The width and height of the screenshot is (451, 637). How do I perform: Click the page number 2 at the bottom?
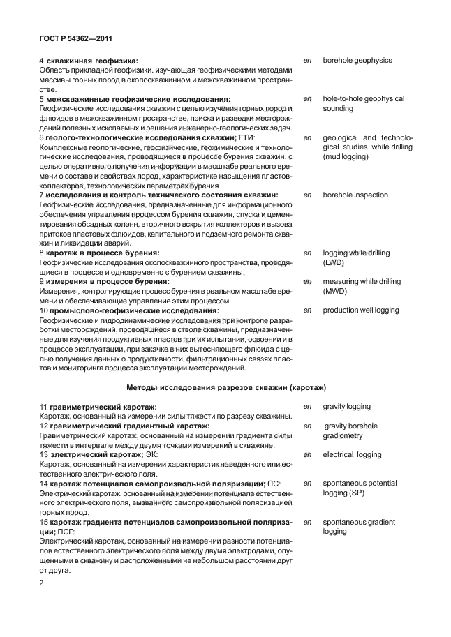tap(42, 582)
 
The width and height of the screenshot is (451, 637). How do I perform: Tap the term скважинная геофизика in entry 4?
tap(92, 61)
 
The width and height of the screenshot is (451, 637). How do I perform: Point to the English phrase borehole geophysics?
tap(357, 61)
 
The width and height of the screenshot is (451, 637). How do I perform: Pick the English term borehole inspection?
tap(355, 195)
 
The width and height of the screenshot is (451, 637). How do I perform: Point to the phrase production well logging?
tap(361, 310)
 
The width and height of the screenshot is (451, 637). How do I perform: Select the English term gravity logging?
tap(347, 406)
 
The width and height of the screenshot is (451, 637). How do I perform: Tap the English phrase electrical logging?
tap(353, 454)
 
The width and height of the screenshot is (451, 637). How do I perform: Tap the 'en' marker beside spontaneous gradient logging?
tap(307, 522)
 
